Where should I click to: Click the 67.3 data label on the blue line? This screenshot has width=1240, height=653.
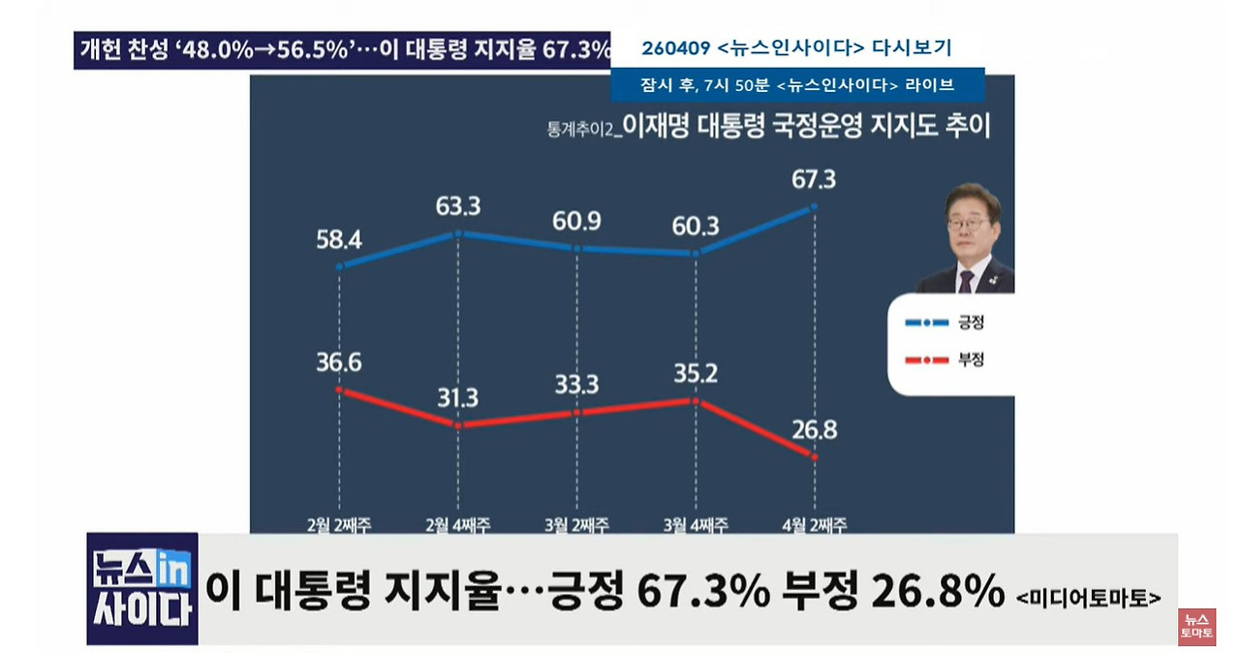(x=813, y=179)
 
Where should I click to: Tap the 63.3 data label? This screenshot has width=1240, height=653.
(x=458, y=205)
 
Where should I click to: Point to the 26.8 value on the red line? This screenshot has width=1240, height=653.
(x=813, y=428)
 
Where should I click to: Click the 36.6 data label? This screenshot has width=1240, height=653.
(x=339, y=361)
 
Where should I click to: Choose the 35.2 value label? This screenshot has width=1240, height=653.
(x=694, y=373)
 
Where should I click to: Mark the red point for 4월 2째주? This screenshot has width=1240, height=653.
(x=814, y=456)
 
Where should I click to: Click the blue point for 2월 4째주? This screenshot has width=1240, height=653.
(x=458, y=233)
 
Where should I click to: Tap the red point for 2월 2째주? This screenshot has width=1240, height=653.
(x=339, y=389)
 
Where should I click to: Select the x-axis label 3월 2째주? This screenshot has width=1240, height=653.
(x=576, y=524)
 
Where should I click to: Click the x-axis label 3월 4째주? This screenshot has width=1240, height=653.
(x=695, y=524)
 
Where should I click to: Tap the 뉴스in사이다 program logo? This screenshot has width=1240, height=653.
(x=142, y=588)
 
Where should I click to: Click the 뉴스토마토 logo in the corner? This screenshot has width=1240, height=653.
(x=1195, y=627)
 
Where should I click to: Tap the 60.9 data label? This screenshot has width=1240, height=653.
(x=576, y=220)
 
